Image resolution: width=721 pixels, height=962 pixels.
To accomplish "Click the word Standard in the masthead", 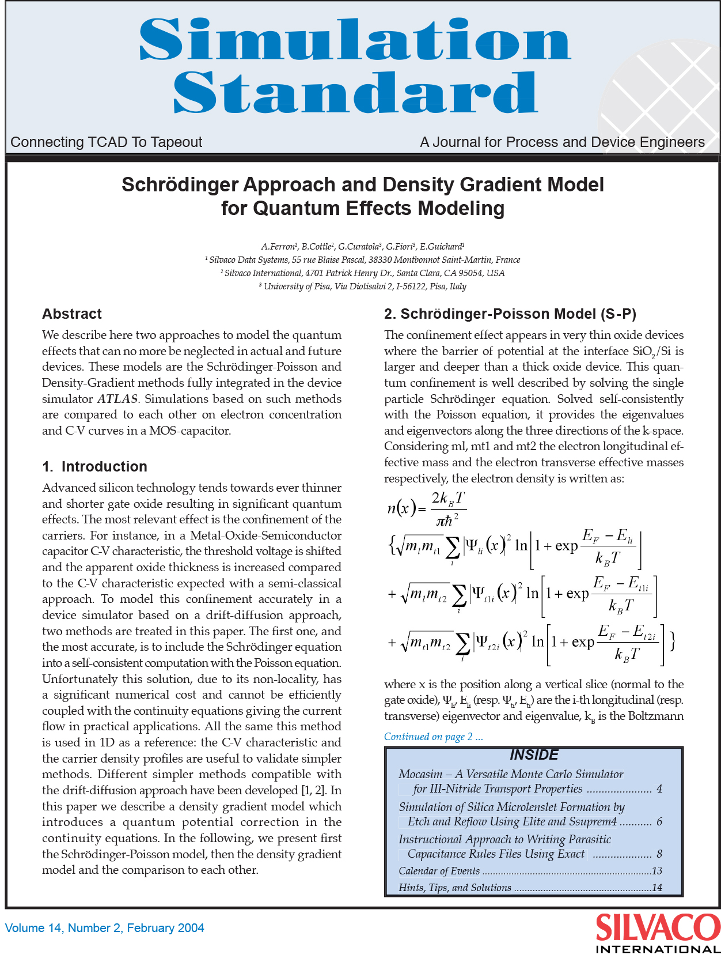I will (355, 92).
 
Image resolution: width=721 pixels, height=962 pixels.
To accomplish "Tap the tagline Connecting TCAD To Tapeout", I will (106, 142).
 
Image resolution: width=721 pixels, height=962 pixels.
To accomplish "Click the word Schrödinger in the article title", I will (180, 185).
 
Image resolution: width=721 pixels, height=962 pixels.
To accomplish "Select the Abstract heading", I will (71, 314).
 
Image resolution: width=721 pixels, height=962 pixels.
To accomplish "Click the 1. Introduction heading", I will (95, 467).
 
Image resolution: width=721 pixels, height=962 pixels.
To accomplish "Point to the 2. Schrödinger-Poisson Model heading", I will (510, 314).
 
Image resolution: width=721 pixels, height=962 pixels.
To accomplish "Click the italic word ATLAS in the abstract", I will (117, 399).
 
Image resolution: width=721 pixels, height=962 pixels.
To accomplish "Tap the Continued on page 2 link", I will (433, 737).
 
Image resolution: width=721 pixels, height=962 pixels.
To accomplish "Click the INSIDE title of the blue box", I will (534, 755).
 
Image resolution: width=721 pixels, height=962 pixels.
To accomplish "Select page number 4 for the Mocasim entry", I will (659, 789).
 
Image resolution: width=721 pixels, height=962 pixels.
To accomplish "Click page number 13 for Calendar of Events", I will (657, 871).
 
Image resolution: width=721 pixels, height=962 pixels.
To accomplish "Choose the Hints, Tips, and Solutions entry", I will (454, 888).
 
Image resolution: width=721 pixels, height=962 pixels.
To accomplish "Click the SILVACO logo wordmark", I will (657, 927).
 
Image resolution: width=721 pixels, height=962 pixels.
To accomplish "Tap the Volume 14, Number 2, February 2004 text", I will (104, 928).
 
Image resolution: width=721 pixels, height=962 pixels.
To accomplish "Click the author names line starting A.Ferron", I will (362, 247).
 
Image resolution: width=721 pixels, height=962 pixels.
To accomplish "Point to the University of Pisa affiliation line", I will (362, 286).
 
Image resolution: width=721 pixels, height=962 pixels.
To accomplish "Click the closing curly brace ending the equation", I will (672, 641).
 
